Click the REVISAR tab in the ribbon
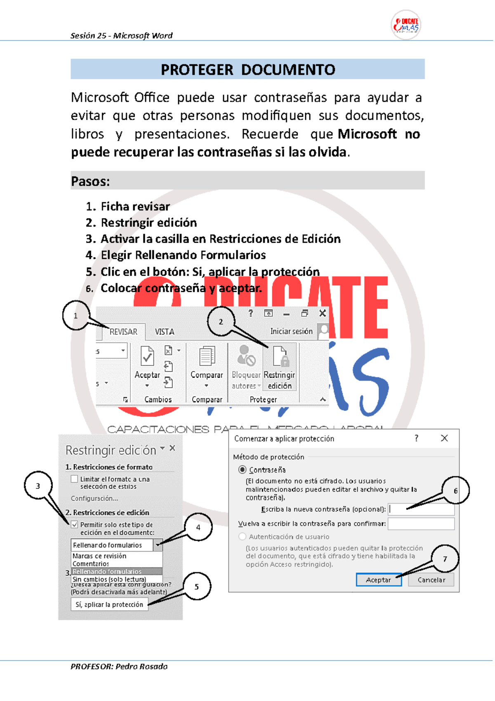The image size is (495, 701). pos(123,332)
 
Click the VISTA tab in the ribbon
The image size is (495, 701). pos(164,332)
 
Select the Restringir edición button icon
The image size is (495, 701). pos(280,356)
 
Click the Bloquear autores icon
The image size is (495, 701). pos(246,356)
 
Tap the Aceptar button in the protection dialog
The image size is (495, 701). pos(379,580)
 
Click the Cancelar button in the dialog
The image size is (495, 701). pos(431,580)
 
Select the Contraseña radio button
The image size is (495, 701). pos(243,470)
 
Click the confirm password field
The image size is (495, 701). pos(421,523)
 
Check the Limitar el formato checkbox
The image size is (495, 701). pos(75,479)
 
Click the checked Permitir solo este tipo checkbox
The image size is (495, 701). pos(75,524)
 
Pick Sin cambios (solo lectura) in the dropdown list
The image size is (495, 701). pos(109,579)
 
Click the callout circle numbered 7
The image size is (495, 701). pos(445,559)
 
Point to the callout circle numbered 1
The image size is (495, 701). pos(75,315)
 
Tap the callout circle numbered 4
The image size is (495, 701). pos(198,527)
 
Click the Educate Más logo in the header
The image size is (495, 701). pos(405,25)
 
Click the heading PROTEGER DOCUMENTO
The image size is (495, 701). pos(247,69)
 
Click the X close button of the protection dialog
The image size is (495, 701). pos(444,438)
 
